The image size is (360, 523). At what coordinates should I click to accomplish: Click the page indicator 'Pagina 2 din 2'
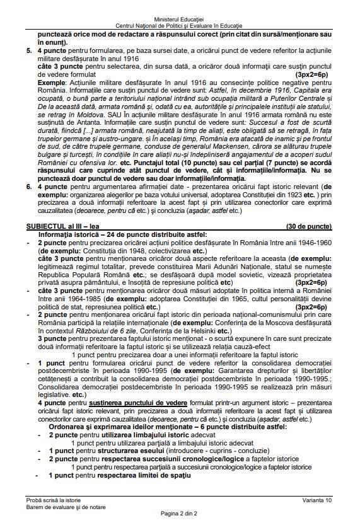pos(180,513)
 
